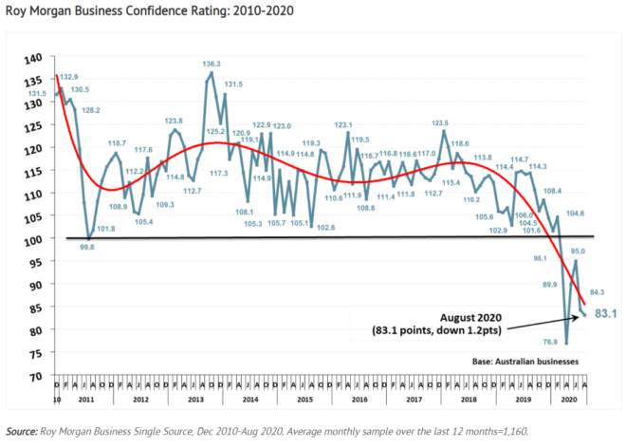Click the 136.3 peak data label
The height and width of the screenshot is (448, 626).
pyautogui.click(x=212, y=65)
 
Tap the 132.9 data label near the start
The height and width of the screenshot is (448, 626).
pyautogui.click(x=69, y=76)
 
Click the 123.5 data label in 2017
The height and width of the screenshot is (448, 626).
pyautogui.click(x=440, y=122)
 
